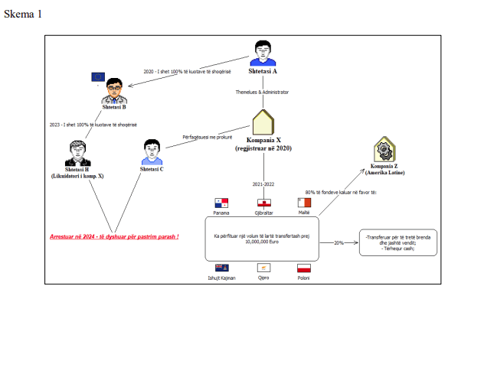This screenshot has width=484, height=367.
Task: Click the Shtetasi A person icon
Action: point(263,51)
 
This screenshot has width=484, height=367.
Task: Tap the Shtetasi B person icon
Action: point(115,90)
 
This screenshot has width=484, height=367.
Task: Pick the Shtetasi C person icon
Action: point(152,152)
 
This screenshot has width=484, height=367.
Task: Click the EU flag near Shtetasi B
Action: point(98,76)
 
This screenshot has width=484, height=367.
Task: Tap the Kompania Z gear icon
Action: point(384,149)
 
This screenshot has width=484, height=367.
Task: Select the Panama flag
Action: point(221,203)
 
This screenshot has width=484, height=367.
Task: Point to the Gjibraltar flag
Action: point(263,203)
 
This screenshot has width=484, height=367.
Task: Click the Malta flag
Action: point(304,203)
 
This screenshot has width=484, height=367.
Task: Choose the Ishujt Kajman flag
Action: point(222,268)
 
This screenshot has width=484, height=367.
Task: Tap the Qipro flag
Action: point(263,268)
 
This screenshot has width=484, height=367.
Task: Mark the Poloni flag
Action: point(304,268)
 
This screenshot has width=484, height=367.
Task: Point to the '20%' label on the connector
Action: point(338,242)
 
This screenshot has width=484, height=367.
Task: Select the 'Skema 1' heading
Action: point(23,15)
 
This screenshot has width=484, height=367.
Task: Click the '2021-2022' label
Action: point(263,184)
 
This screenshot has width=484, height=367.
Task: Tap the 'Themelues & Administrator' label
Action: point(262,92)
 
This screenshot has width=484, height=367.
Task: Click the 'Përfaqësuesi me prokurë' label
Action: point(207,137)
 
